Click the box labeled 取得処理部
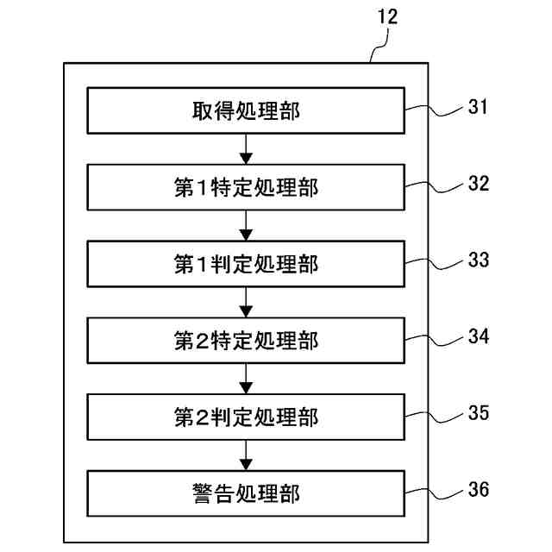click(246, 110)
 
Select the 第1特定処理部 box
click(246, 187)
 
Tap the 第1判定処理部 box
click(246, 264)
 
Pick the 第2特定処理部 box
click(246, 341)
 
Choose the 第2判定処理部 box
click(246, 417)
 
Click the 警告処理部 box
click(246, 493)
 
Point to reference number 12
click(387, 16)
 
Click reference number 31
click(478, 106)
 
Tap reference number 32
click(479, 183)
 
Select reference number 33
click(479, 260)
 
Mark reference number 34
click(479, 336)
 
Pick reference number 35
click(479, 412)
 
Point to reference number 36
click(479, 489)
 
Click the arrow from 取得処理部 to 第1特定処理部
click(246, 149)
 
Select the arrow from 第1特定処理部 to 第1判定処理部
click(246, 226)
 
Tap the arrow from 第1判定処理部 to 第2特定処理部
click(246, 303)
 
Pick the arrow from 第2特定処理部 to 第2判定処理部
click(246, 379)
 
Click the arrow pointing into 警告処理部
click(246, 455)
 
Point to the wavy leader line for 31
click(434, 111)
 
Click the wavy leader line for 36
click(434, 494)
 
